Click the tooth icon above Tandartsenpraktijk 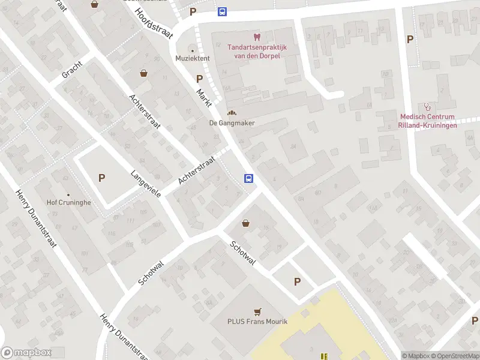[257, 37]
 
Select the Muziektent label [192, 58]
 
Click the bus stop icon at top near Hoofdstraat [222, 11]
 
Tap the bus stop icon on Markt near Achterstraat [248, 178]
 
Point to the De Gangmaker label [232, 123]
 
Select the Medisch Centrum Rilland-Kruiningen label [427, 121]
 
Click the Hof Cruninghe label [69, 203]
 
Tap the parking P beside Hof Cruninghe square [101, 178]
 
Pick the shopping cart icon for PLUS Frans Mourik [257, 311]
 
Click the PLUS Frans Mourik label [257, 322]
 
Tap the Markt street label [204, 97]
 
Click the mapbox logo [26, 353]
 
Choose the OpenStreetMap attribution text [454, 356]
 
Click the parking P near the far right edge [410, 40]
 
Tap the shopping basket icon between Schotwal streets [245, 223]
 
